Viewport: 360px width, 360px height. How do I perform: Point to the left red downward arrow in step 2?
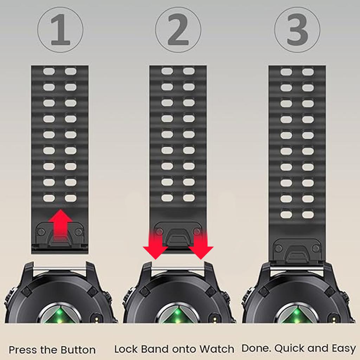tap(155, 247)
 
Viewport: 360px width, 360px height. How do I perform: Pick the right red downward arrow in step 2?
tap(201, 247)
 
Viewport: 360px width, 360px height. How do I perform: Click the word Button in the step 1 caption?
tap(78, 350)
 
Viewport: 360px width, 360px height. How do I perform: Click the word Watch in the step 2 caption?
tap(217, 349)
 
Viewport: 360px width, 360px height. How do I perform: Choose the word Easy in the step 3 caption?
tap(343, 349)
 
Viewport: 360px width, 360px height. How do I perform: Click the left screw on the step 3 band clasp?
tap(278, 249)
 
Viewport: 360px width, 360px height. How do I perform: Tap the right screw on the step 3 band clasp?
tap(316, 249)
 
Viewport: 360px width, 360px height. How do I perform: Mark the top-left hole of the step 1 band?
tap(49, 72)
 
